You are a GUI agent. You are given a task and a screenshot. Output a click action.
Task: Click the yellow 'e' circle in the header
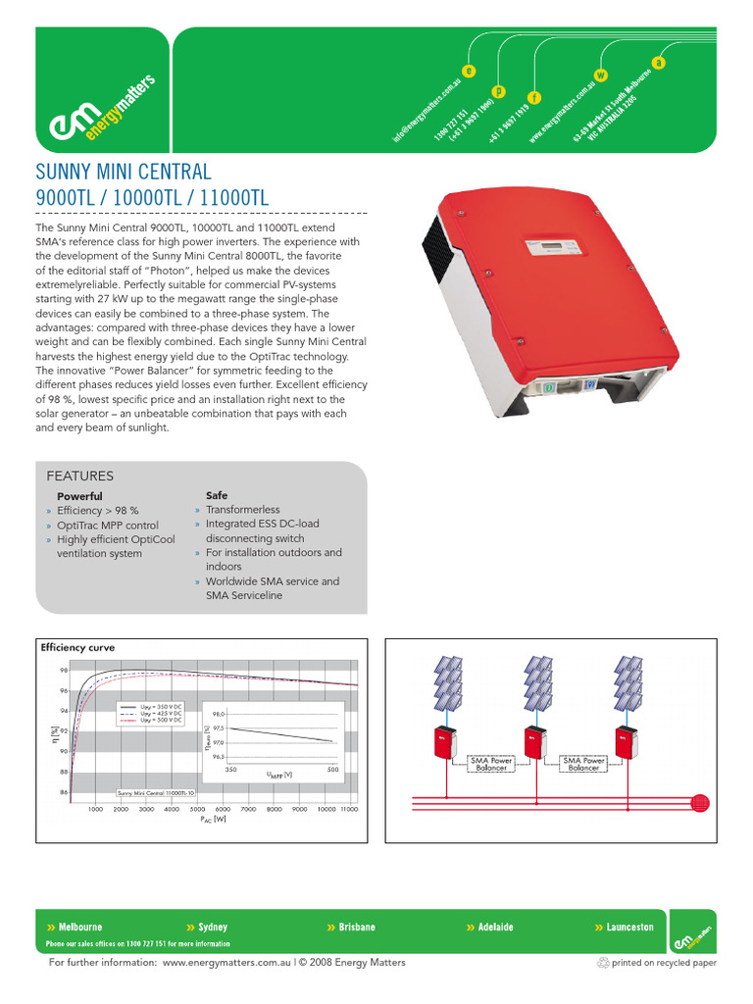470,71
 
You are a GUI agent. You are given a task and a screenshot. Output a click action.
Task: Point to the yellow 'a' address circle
659,63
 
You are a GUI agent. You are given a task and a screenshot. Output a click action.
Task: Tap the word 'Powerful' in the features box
79,496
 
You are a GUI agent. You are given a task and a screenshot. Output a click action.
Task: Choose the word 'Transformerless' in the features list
242,510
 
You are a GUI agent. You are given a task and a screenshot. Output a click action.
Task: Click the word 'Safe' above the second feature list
217,495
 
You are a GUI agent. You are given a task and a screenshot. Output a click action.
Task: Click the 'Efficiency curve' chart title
77,648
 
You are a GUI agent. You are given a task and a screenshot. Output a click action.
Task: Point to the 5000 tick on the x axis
197,810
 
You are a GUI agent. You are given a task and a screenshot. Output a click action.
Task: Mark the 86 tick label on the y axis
64,792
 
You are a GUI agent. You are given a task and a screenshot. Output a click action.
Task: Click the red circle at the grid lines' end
699,802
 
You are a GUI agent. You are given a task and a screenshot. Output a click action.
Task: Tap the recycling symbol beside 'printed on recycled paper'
602,963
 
